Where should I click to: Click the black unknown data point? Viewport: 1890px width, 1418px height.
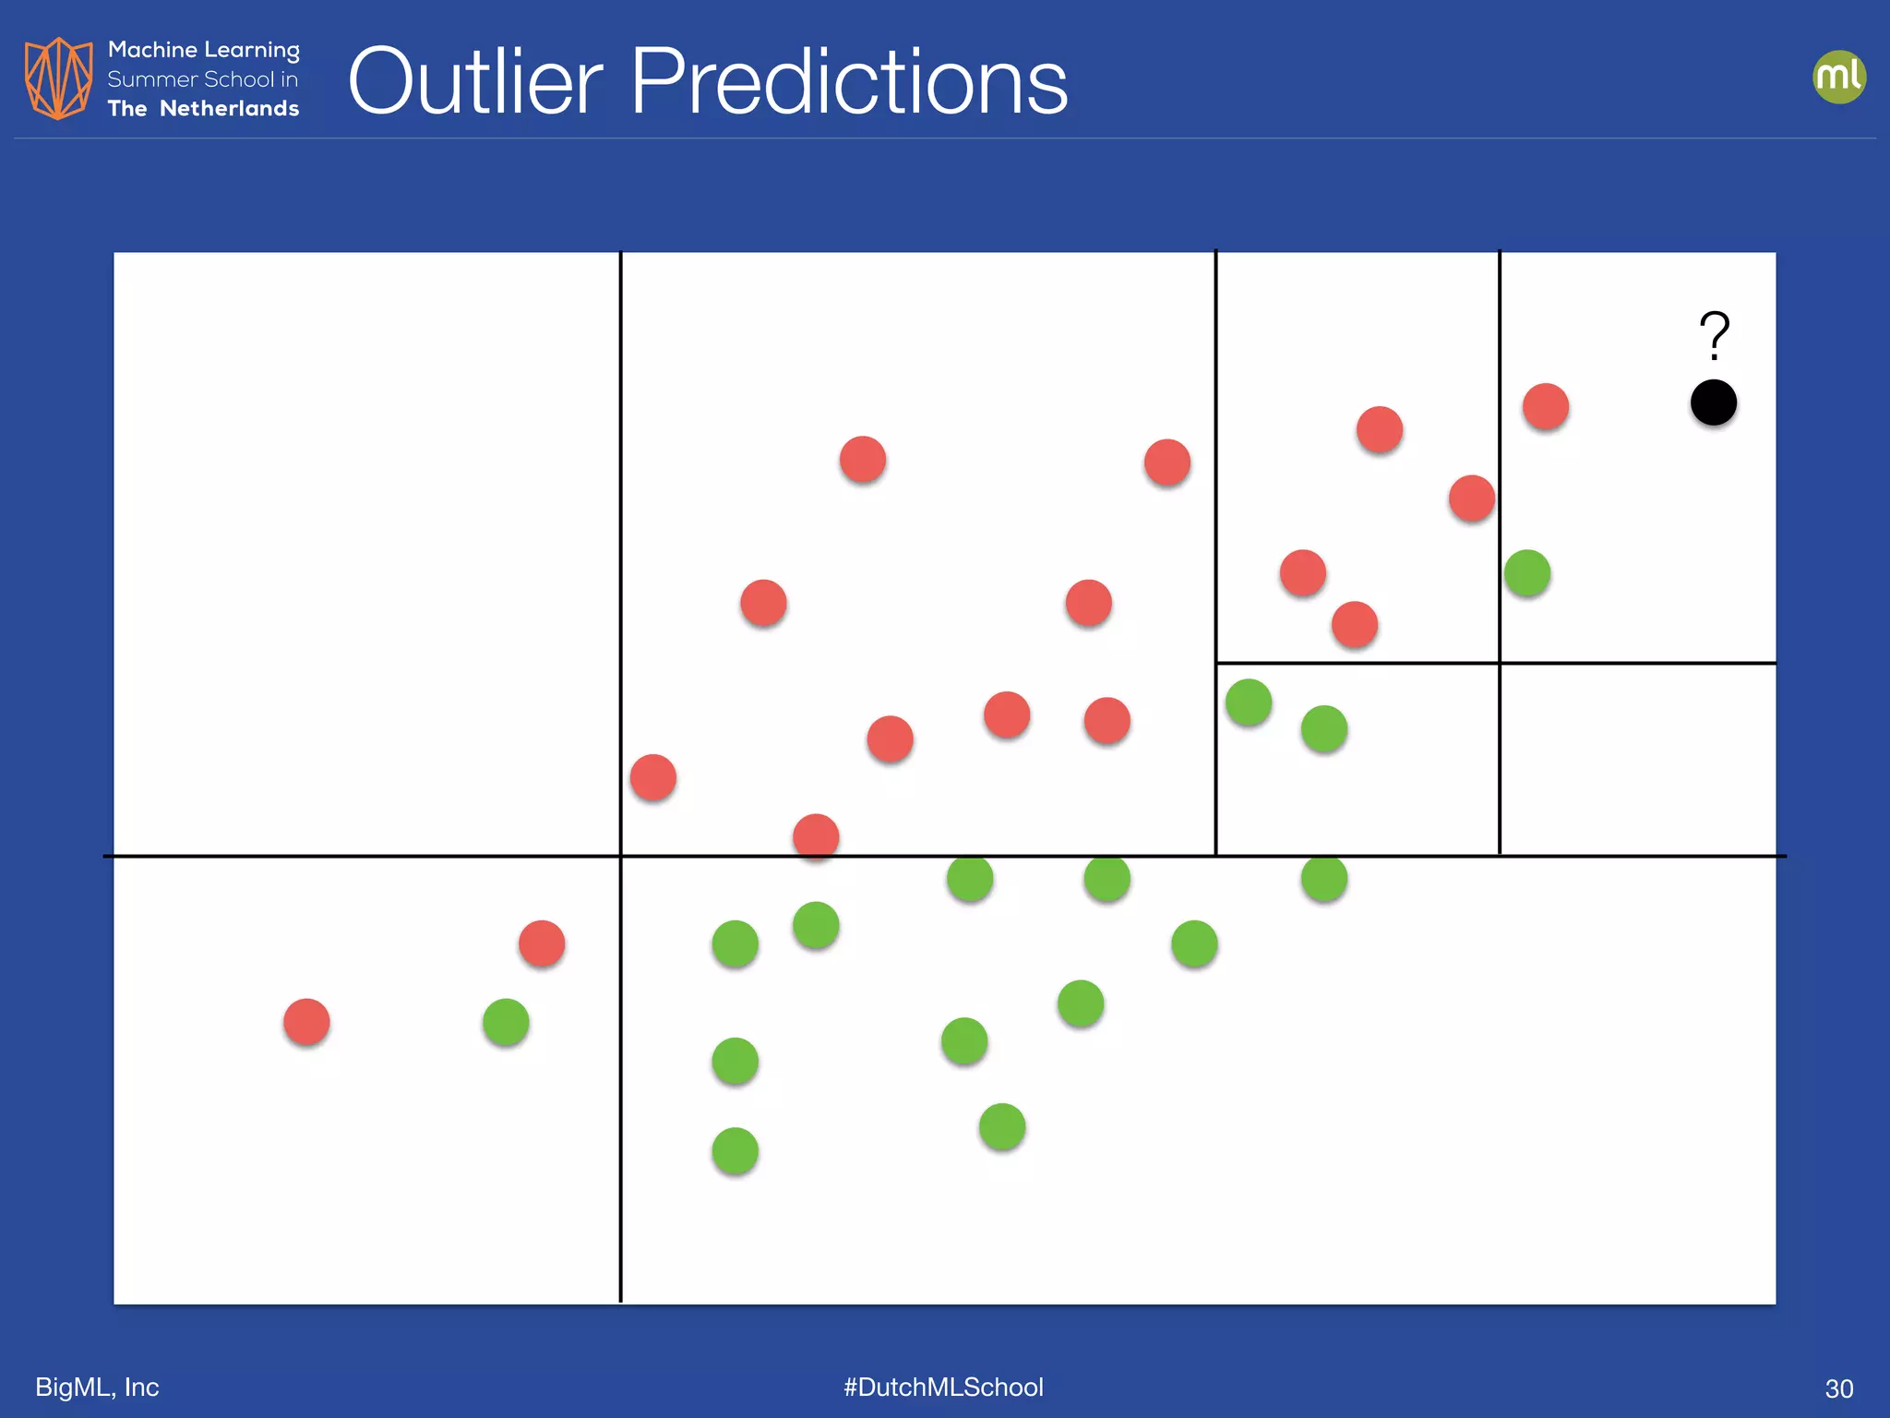1713,403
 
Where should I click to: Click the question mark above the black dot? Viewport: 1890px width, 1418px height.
1714,335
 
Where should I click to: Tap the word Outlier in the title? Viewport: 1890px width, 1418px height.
475,82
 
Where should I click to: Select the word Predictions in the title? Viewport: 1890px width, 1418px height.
848,82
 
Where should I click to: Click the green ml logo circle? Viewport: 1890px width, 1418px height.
1838,77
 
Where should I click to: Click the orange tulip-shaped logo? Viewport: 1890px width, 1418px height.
58,78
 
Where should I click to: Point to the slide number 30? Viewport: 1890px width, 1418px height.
1838,1388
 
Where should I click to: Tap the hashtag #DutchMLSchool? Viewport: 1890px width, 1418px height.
943,1387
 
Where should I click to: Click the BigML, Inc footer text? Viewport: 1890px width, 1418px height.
97,1387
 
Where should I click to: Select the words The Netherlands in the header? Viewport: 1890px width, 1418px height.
203,109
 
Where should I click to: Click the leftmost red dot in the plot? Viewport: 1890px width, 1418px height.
306,1022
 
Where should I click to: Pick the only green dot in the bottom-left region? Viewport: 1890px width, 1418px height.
506,1022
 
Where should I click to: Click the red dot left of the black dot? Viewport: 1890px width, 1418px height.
1546,406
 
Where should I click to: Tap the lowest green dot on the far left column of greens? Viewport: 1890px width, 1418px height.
736,1151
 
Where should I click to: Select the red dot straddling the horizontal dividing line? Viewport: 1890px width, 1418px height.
816,837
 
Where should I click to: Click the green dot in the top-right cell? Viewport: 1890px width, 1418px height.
1527,573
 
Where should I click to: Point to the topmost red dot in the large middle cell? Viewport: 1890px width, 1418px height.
863,460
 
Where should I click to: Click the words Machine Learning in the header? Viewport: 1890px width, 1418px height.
203,50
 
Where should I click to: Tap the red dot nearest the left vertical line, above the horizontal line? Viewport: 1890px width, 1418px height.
653,777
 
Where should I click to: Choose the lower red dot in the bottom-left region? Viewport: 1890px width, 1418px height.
306,1022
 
